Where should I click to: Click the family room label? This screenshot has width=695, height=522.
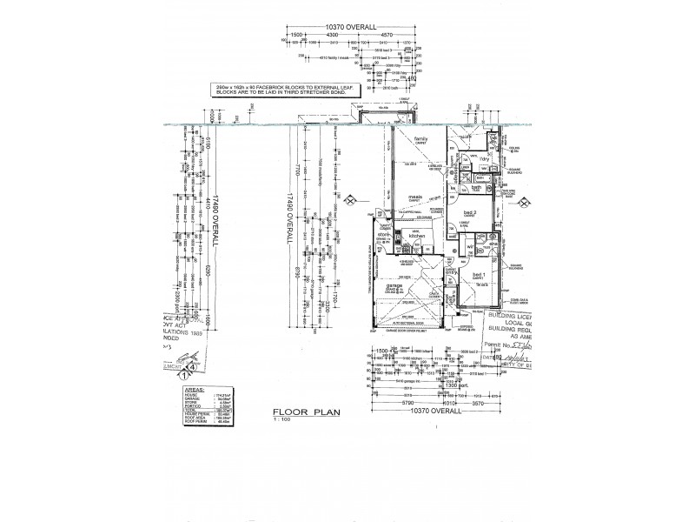tap(420, 139)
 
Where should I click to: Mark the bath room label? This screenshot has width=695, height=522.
tap(476, 187)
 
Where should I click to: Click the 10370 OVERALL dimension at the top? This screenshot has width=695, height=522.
tap(351, 28)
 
